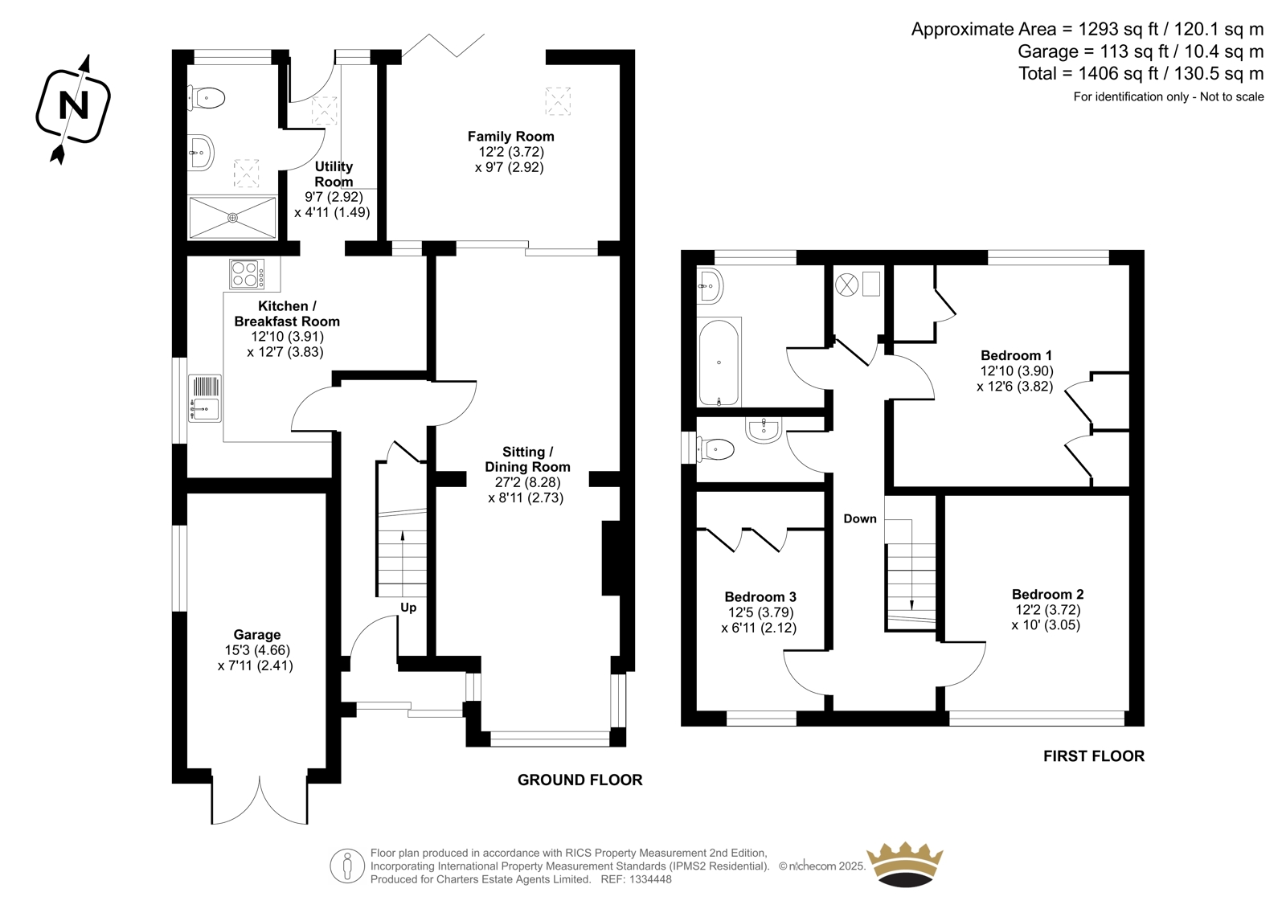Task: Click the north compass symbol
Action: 73,107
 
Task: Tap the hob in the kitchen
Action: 247,273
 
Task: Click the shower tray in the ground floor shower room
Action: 232,218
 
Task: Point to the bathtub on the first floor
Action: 719,362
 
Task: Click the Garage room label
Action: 256,634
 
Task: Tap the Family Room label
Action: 510,137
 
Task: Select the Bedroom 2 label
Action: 1047,594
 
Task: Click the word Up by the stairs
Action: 408,608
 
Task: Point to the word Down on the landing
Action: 859,518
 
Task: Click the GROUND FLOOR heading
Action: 580,780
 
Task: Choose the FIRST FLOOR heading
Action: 1094,756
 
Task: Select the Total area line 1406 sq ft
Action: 1141,73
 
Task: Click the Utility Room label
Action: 334,174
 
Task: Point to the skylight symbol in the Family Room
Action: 558,101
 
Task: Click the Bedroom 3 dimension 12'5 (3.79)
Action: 760,612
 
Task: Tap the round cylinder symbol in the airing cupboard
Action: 846,285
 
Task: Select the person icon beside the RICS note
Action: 346,866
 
